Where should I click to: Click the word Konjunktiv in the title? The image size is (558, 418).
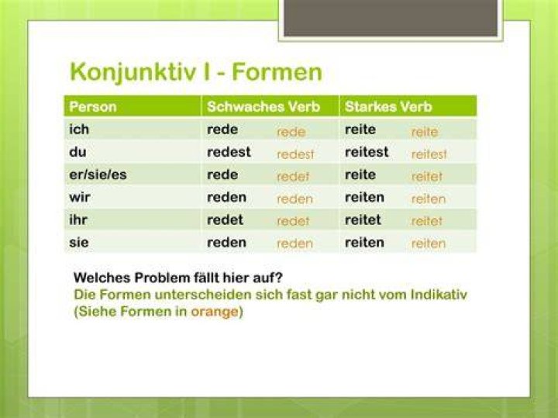[133, 73]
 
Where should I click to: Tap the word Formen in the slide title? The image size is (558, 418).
[277, 72]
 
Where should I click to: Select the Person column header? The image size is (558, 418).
[93, 107]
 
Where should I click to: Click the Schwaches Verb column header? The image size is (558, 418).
[263, 107]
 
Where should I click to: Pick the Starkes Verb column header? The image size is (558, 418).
[388, 107]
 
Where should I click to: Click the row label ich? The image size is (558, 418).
[79, 130]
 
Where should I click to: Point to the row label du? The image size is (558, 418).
[78, 152]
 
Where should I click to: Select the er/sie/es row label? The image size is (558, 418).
[98, 174]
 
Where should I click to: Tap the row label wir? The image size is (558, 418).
[80, 197]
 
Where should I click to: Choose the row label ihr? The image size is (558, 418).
[78, 219]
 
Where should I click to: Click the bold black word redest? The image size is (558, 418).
[229, 152]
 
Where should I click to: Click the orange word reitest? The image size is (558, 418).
[429, 154]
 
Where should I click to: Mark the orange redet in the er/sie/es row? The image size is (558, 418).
[293, 177]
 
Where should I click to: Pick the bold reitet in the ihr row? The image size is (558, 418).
[363, 219]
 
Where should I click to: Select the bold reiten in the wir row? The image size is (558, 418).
[364, 197]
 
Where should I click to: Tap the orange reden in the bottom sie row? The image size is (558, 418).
[294, 244]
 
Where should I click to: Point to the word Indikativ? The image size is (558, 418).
[439, 295]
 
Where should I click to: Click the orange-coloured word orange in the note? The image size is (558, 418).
[215, 312]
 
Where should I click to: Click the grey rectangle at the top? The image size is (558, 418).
[391, 18]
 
